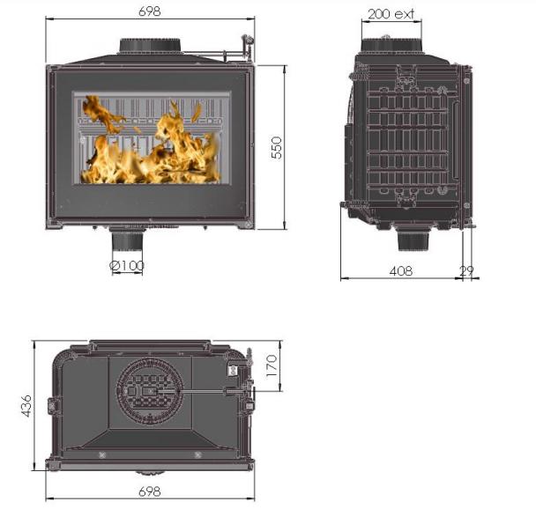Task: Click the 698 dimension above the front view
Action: pos(149,11)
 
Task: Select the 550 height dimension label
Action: pos(276,147)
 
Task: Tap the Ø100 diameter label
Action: pos(127,266)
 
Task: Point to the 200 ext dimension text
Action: pos(391,14)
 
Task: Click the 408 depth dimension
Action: pos(401,271)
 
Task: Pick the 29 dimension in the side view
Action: pos(466,271)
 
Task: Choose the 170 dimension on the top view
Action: pos(272,365)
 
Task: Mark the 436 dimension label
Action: pos(26,406)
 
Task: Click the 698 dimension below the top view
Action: pos(149,491)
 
